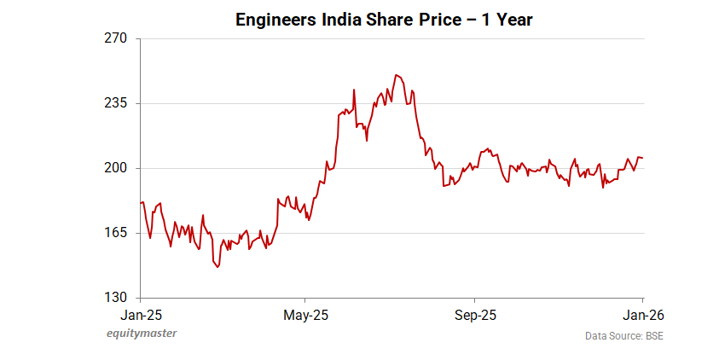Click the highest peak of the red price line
pyautogui.click(x=396, y=74)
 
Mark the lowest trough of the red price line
pyautogui.click(x=218, y=267)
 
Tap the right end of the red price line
pyautogui.click(x=643, y=157)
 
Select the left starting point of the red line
pyautogui.click(x=141, y=202)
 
